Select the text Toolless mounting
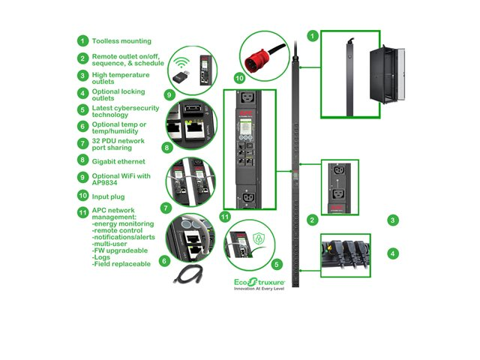121,40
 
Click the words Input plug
109,196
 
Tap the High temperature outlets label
121,79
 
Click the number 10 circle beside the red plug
239,77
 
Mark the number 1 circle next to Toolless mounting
82,40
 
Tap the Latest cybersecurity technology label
121,110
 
